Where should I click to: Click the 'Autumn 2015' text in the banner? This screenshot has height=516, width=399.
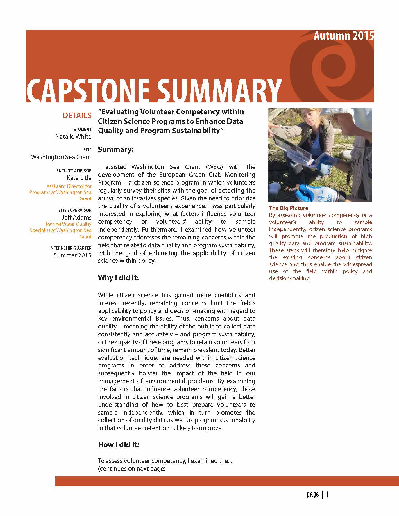coord(344,36)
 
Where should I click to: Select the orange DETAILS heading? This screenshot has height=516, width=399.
coord(77,115)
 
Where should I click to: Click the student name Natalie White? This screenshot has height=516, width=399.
coord(73,137)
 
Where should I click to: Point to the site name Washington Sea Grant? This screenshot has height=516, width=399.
coord(61,157)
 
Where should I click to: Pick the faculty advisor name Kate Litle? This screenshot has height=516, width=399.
coord(79,178)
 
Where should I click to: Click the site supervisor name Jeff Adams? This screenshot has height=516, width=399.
coord(76,217)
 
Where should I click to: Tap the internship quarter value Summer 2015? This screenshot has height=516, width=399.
coord(72,255)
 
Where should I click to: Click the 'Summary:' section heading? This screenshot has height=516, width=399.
coord(115,149)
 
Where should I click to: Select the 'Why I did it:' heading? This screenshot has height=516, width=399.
coord(118,278)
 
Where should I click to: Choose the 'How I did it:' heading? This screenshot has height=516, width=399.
coord(119,445)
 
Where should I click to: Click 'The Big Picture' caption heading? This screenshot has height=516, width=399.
coord(288,208)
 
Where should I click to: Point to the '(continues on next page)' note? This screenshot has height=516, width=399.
coord(132,469)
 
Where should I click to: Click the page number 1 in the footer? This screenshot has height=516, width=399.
coord(327,494)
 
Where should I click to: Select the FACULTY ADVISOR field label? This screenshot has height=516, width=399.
coord(74,171)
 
